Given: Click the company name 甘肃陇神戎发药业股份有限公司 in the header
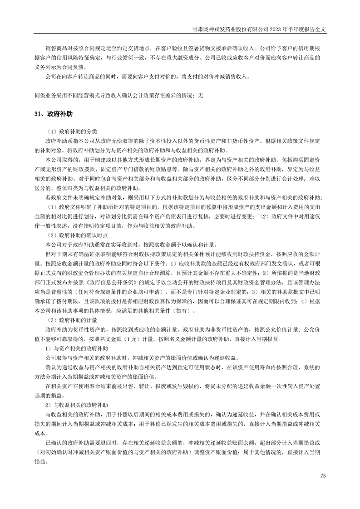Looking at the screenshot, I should click(230, 28).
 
